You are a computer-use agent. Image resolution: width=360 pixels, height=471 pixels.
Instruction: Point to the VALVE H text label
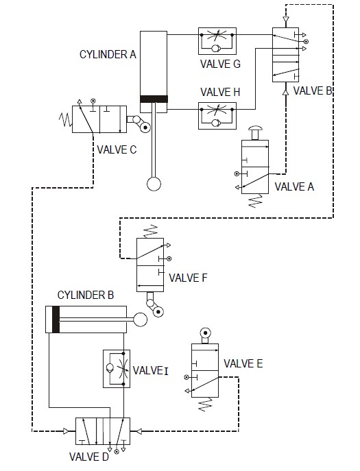(x=217, y=92)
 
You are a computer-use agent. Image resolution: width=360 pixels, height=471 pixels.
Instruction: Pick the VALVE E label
(x=243, y=364)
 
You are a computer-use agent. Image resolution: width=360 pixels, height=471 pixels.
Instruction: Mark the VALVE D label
(x=89, y=457)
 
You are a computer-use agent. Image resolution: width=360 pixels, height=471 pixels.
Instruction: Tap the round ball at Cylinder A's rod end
(x=154, y=184)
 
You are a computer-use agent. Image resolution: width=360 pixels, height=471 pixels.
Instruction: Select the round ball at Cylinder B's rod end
(x=141, y=319)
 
